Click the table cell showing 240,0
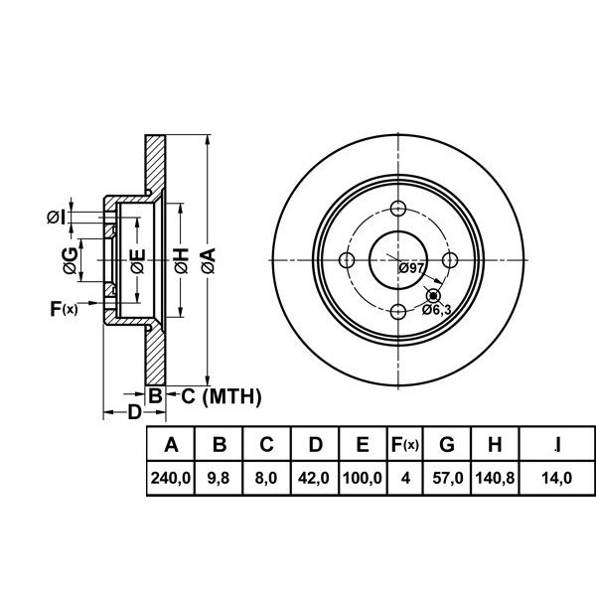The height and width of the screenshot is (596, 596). [169, 477]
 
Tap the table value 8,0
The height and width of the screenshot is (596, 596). [266, 477]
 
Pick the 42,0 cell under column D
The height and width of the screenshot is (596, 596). [314, 477]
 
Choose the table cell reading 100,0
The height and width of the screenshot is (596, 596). [363, 477]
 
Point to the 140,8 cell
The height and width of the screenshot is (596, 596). [495, 477]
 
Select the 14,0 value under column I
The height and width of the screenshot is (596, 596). [559, 477]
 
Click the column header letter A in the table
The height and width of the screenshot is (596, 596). [169, 444]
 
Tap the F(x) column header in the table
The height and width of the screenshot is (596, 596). [404, 444]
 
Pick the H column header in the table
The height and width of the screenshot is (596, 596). [495, 444]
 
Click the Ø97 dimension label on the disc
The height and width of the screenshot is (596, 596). [411, 269]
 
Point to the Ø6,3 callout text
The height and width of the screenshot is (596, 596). [438, 310]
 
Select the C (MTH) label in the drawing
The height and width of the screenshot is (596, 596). [220, 397]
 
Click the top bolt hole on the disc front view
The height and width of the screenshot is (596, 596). [398, 209]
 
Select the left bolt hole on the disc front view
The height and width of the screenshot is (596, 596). [347, 260]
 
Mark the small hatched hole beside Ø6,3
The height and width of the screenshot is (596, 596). [433, 295]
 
